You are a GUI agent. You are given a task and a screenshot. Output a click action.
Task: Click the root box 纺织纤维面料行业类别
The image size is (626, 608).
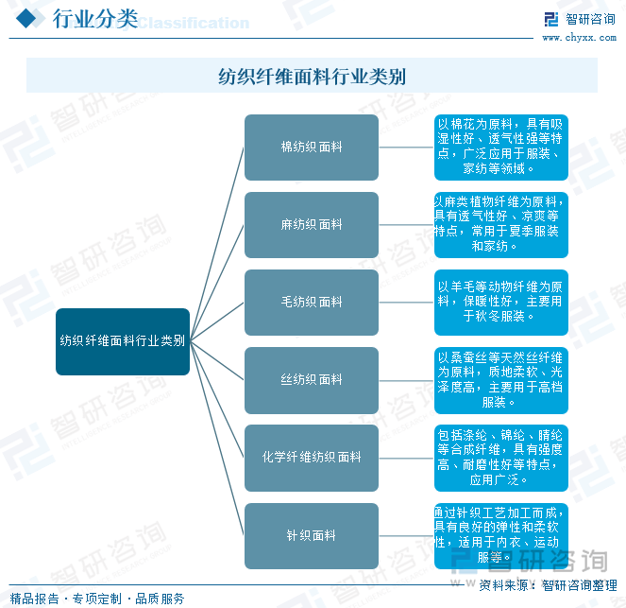coord(123,341)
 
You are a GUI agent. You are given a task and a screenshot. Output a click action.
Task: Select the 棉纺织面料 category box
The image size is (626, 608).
coord(312,148)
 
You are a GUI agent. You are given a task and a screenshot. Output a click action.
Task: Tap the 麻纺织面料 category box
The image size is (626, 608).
coord(312,225)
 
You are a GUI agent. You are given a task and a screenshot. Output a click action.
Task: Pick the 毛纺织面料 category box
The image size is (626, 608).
coord(312,303)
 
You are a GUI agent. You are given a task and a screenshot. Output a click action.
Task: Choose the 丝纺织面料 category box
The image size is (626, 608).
coord(312,380)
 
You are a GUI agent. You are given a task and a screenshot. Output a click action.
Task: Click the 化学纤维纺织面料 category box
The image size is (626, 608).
coord(312,458)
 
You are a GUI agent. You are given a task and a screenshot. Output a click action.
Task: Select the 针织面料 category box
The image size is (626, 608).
coord(312,535)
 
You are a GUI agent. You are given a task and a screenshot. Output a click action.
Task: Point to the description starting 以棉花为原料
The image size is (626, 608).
coord(501,148)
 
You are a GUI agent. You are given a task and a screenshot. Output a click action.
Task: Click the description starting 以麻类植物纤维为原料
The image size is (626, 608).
coord(501,225)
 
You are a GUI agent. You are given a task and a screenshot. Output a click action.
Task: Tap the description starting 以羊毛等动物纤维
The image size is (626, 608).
coord(501,303)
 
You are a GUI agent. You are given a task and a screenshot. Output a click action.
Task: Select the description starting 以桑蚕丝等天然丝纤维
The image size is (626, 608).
coord(501,380)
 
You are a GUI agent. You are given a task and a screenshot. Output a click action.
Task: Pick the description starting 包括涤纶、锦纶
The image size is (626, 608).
coord(501,458)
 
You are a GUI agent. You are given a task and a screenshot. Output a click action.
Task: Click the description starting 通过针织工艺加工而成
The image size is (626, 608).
coord(501,535)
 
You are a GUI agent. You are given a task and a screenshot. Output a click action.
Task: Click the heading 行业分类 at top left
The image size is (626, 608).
coord(94,19)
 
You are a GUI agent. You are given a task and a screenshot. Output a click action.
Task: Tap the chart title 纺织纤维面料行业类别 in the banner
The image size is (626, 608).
coord(312,76)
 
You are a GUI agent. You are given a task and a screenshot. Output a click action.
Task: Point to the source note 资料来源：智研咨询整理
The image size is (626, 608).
coord(548,585)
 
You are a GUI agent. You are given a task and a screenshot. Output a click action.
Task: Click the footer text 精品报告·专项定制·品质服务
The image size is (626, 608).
coord(97,599)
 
